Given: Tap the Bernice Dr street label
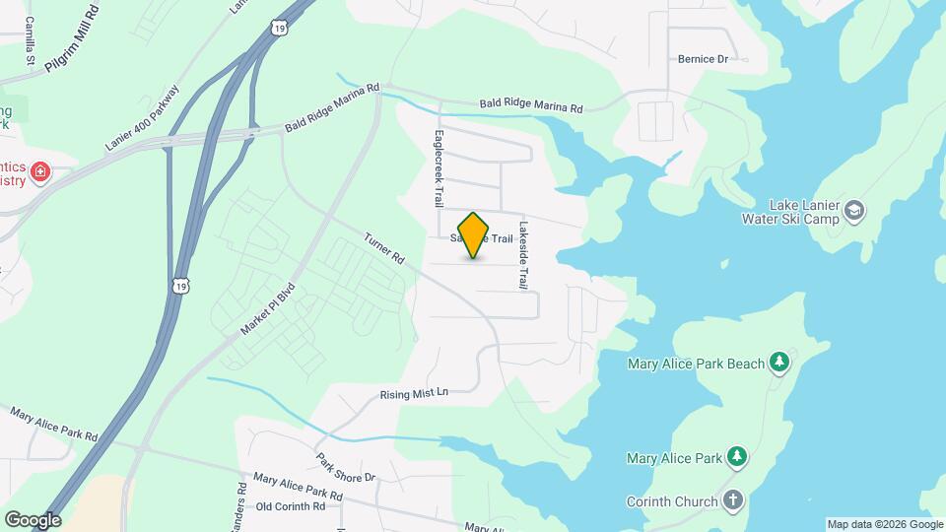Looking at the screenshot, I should [702, 59].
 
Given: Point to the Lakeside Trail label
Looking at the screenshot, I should [524, 253].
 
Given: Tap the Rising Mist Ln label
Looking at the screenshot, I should [414, 393].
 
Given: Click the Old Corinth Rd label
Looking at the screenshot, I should [291, 506].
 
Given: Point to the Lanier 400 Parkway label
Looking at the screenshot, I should [144, 118].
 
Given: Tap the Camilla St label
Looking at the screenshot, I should [32, 39].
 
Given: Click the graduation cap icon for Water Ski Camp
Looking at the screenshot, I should [854, 209].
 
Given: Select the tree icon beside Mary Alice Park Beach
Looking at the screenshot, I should [779, 364].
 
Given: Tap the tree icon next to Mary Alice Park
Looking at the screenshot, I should [735, 457].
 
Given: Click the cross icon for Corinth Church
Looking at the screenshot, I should [732, 501].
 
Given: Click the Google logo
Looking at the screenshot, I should [33, 520].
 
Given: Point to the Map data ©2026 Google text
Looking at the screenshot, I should [885, 524].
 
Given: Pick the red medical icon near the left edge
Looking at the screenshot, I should [40, 173].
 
